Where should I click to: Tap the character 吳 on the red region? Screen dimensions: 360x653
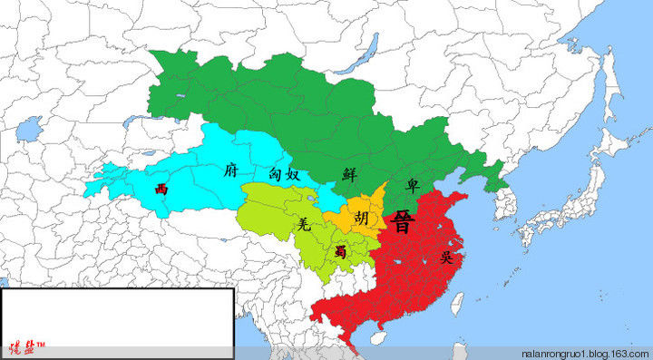click(446, 258)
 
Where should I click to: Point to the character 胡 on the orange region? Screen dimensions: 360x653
click(362, 219)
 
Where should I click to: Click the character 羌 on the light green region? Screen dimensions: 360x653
click(305, 225)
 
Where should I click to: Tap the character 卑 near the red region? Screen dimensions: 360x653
click(413, 184)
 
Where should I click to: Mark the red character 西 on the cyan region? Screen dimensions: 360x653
click(161, 189)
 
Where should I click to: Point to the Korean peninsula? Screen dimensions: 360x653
click(505, 204)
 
